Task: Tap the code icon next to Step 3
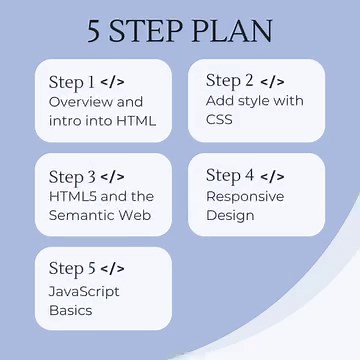(113, 177)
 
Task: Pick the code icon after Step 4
(272, 176)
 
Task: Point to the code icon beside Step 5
(113, 270)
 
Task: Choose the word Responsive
(245, 196)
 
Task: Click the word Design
(230, 216)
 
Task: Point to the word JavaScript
(84, 291)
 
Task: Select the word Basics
(70, 310)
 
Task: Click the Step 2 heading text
(230, 81)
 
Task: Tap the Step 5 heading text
(72, 270)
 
